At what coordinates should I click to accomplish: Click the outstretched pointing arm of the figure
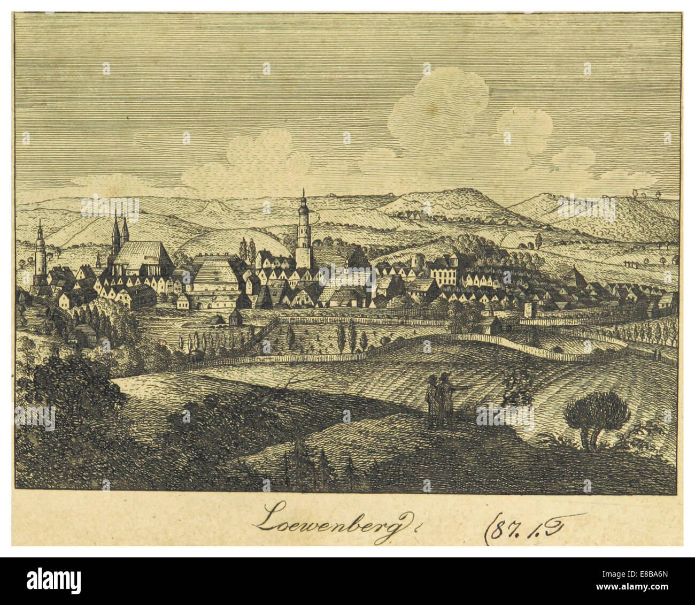click(463, 384)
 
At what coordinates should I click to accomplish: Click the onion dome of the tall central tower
click(303, 206)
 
